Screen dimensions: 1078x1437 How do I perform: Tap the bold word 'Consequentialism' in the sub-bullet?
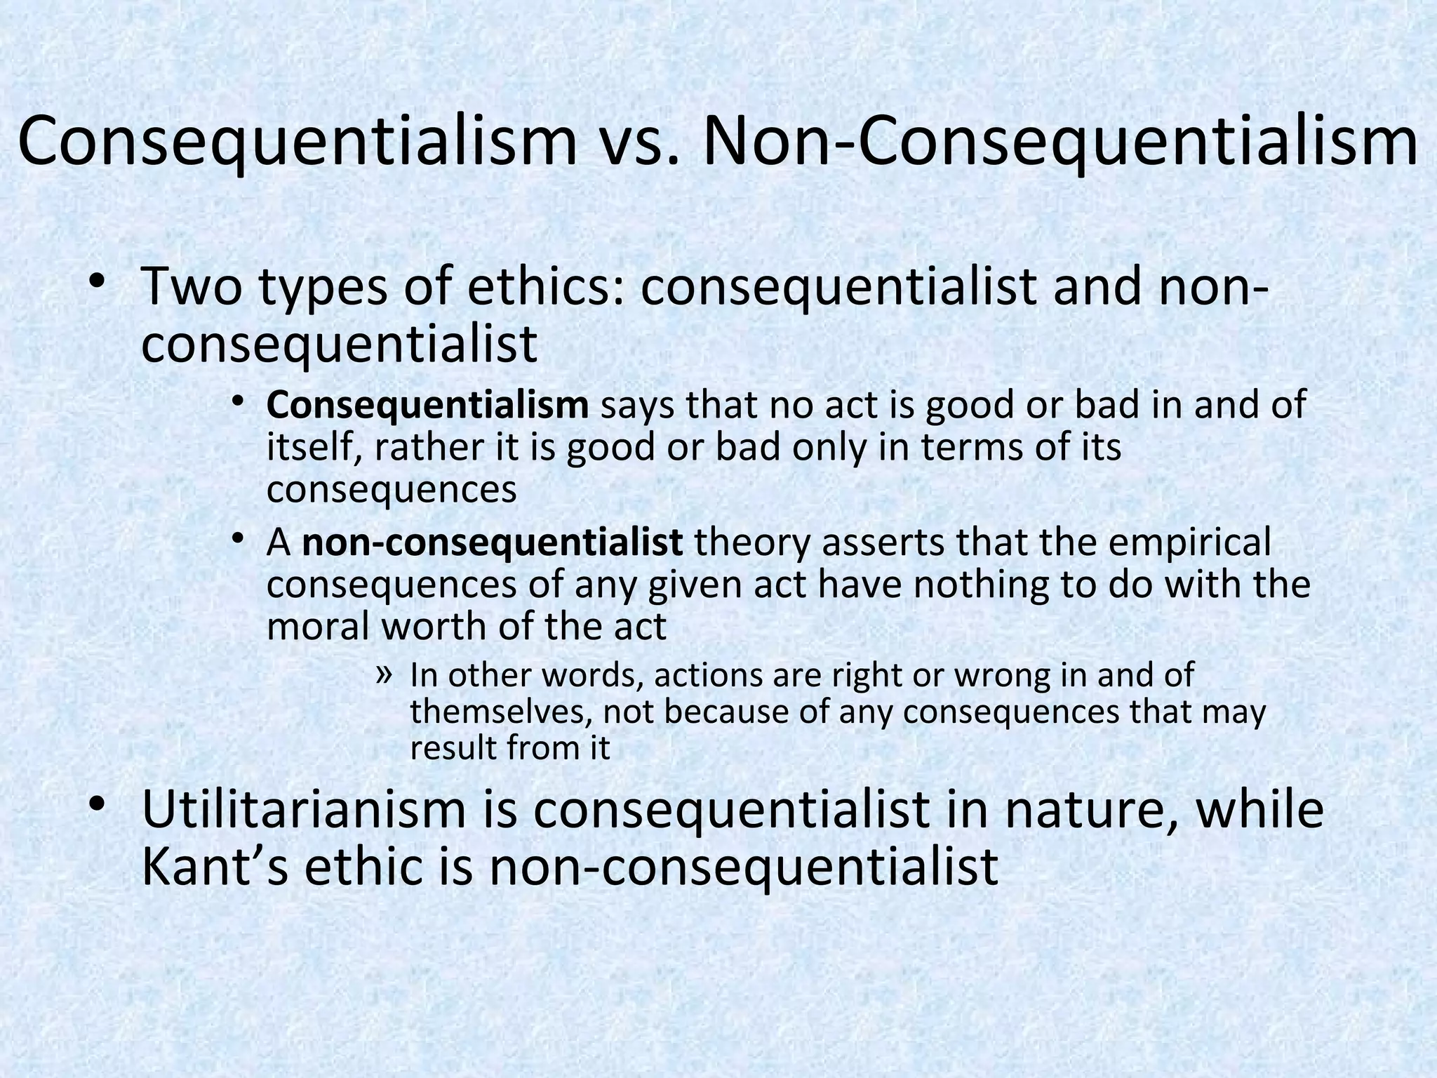[427, 406]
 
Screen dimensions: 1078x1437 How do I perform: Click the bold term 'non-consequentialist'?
[492, 543]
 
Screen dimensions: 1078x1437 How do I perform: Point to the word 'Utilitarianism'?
[304, 809]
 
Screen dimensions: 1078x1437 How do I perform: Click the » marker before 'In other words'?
[383, 674]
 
